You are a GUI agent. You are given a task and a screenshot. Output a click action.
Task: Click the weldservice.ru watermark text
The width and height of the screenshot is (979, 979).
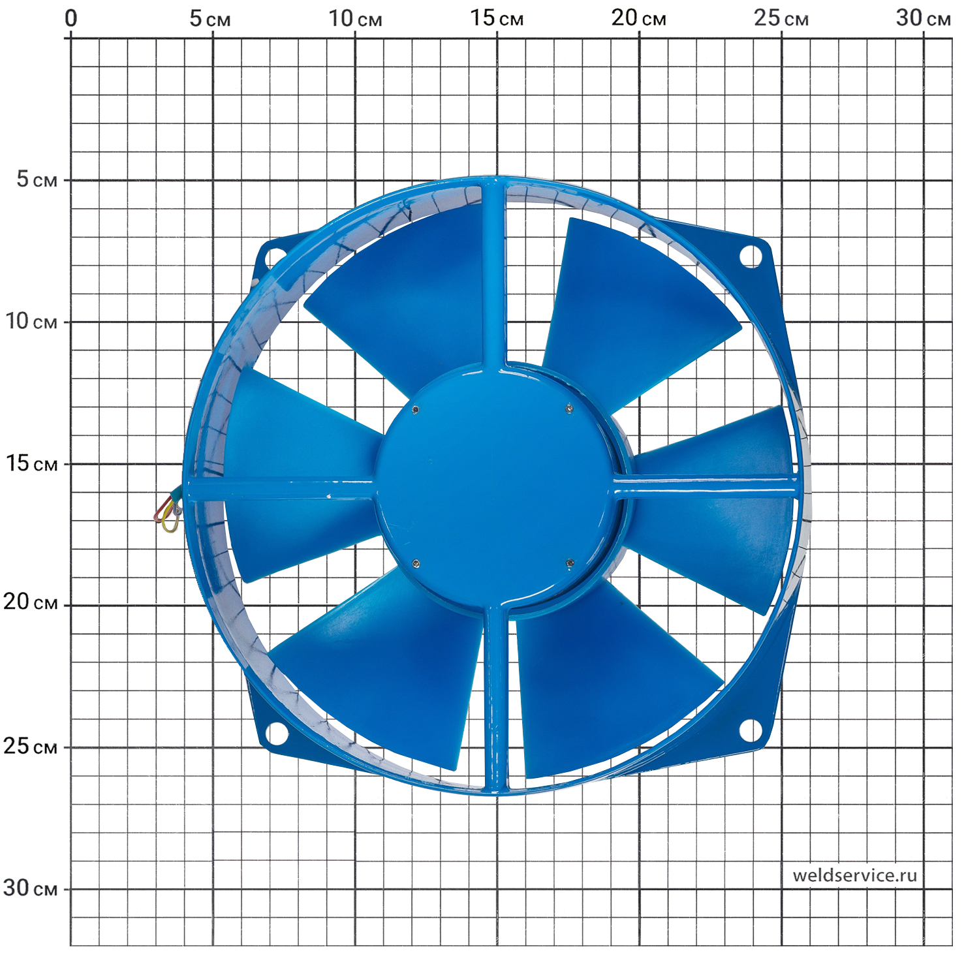[854, 875]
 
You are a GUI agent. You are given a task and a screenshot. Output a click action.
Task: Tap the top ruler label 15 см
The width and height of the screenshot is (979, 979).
[497, 18]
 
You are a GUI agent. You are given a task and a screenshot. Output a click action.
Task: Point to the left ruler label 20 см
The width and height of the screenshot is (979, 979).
[31, 602]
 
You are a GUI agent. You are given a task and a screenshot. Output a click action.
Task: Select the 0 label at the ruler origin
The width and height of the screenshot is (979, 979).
[71, 18]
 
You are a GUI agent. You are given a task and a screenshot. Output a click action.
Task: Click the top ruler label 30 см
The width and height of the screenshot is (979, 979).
[923, 18]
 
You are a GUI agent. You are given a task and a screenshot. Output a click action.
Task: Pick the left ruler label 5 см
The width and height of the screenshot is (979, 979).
[37, 179]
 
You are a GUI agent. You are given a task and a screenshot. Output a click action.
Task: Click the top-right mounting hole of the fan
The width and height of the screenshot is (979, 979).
[751, 256]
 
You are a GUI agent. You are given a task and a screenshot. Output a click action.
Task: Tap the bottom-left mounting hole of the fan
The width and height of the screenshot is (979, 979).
[277, 733]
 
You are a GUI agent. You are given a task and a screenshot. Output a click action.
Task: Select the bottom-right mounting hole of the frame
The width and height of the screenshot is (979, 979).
[751, 730]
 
